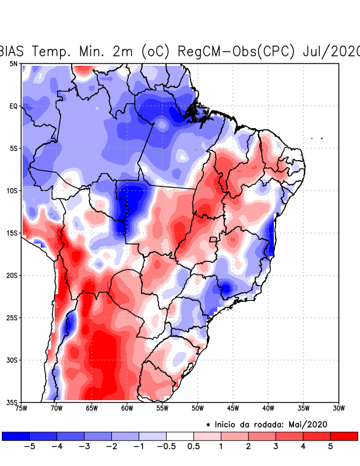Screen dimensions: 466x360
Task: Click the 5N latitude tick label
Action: click(13, 63)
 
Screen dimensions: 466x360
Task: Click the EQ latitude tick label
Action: click(13, 106)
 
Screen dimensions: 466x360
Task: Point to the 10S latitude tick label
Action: click(12, 190)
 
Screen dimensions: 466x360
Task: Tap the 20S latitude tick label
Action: click(12, 275)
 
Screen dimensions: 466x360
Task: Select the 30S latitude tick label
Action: click(12, 360)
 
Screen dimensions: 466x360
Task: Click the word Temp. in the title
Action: click(55, 51)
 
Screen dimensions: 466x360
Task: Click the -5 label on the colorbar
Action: click(29, 446)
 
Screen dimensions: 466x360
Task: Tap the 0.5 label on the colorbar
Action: click(194, 446)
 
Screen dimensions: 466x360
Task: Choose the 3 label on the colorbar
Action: click(276, 446)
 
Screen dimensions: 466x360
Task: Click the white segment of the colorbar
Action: click(180, 436)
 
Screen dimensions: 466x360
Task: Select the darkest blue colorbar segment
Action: click(16, 436)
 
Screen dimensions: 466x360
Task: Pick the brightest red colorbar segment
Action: click(344, 436)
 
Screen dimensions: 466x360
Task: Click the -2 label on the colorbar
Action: click(111, 446)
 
